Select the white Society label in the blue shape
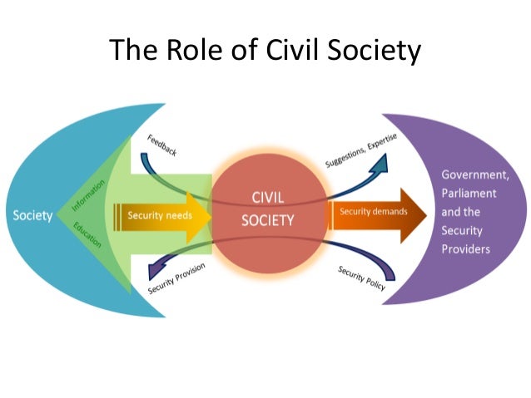point(32,216)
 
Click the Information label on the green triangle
point(88,192)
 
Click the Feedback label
point(161,145)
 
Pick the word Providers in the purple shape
point(466,248)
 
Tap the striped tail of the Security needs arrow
point(118,215)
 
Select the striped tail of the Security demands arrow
point(332,212)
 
